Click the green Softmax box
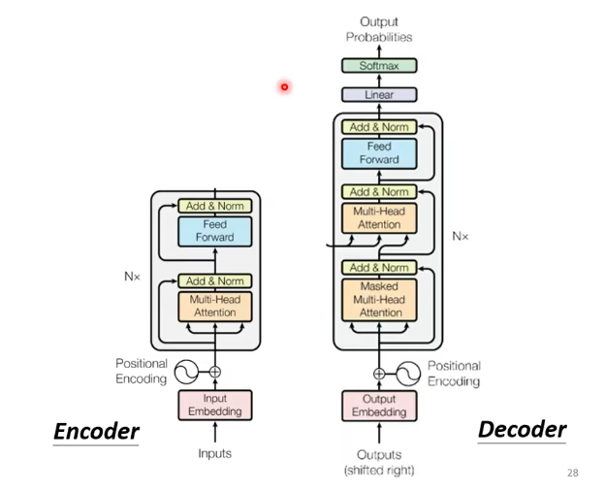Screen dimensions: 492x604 point(379,66)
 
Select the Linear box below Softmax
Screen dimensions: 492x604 point(379,95)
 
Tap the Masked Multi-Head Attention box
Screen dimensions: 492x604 point(379,300)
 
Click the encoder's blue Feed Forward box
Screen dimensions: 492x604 point(214,231)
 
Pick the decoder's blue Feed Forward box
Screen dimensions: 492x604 point(379,153)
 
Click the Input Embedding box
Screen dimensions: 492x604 point(214,406)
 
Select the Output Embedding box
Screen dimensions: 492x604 point(379,406)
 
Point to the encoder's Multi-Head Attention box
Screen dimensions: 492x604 point(214,306)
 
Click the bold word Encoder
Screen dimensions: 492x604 point(96,431)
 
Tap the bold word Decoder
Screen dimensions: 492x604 point(522,429)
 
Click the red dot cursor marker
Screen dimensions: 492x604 point(285,87)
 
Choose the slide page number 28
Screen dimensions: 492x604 point(572,473)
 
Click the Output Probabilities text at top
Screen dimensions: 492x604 point(379,29)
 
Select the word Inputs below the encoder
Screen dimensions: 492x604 point(214,453)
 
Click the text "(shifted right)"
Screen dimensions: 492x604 point(379,471)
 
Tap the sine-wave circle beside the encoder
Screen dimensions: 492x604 point(184,371)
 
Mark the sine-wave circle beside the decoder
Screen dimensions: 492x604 point(410,373)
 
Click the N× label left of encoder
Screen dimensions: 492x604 point(133,277)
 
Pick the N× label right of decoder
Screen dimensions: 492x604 point(461,236)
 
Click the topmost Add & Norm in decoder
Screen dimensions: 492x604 point(379,127)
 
